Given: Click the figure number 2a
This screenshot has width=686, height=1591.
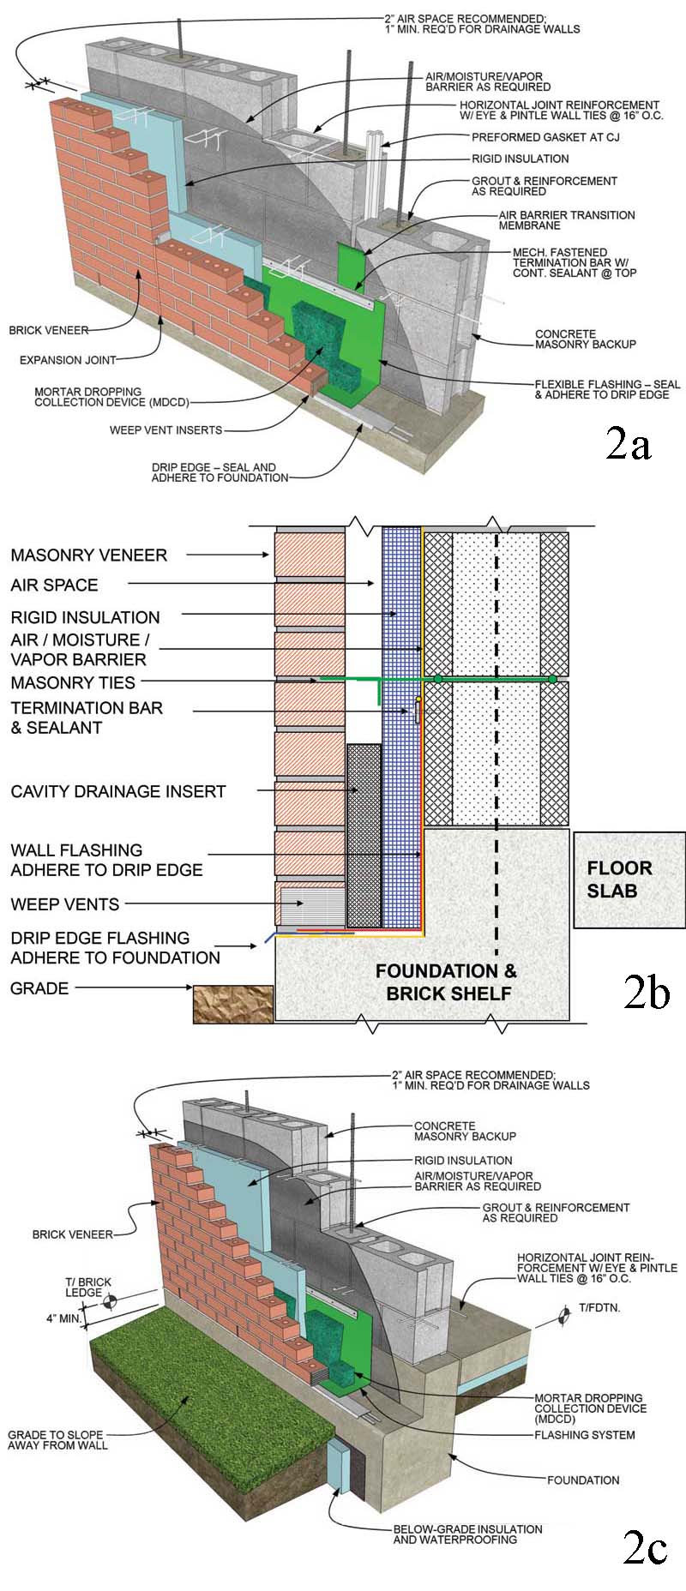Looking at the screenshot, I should point(628,442).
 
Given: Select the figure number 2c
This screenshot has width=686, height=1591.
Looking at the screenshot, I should point(645,1548).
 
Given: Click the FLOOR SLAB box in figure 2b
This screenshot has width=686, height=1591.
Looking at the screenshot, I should point(629,880).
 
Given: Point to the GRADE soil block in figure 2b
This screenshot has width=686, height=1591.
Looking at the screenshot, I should point(232,1004).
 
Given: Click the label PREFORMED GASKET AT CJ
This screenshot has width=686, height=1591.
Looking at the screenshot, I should point(545,137).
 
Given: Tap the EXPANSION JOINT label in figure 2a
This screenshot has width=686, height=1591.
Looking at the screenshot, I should point(68,360).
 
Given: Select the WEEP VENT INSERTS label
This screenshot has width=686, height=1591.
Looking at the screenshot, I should point(165,430).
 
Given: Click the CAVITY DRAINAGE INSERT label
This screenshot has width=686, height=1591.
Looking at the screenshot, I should point(117,791).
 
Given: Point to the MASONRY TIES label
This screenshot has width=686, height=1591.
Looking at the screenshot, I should point(73,682).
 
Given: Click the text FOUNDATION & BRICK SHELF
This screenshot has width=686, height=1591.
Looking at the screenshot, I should point(447,982).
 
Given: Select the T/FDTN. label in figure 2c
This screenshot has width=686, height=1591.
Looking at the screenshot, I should point(599,1308).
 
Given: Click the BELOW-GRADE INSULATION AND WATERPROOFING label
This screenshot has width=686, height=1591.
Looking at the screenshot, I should point(467,1534).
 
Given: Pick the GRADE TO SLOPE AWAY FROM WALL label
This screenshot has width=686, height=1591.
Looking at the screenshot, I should point(57,1439).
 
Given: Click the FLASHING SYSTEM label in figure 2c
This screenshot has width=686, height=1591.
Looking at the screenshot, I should point(584,1434).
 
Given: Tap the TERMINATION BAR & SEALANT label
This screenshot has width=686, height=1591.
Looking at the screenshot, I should point(86,717).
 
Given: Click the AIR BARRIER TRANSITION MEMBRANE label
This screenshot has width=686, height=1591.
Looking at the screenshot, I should point(566,220).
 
